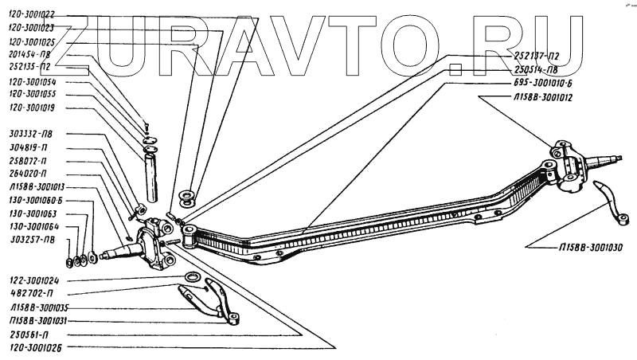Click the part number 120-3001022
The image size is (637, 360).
(33, 14)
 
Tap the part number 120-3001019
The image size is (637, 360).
(33, 107)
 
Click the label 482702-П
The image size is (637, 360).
(29, 294)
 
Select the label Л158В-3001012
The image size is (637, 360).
(542, 96)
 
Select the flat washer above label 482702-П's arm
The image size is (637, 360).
(192, 276)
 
